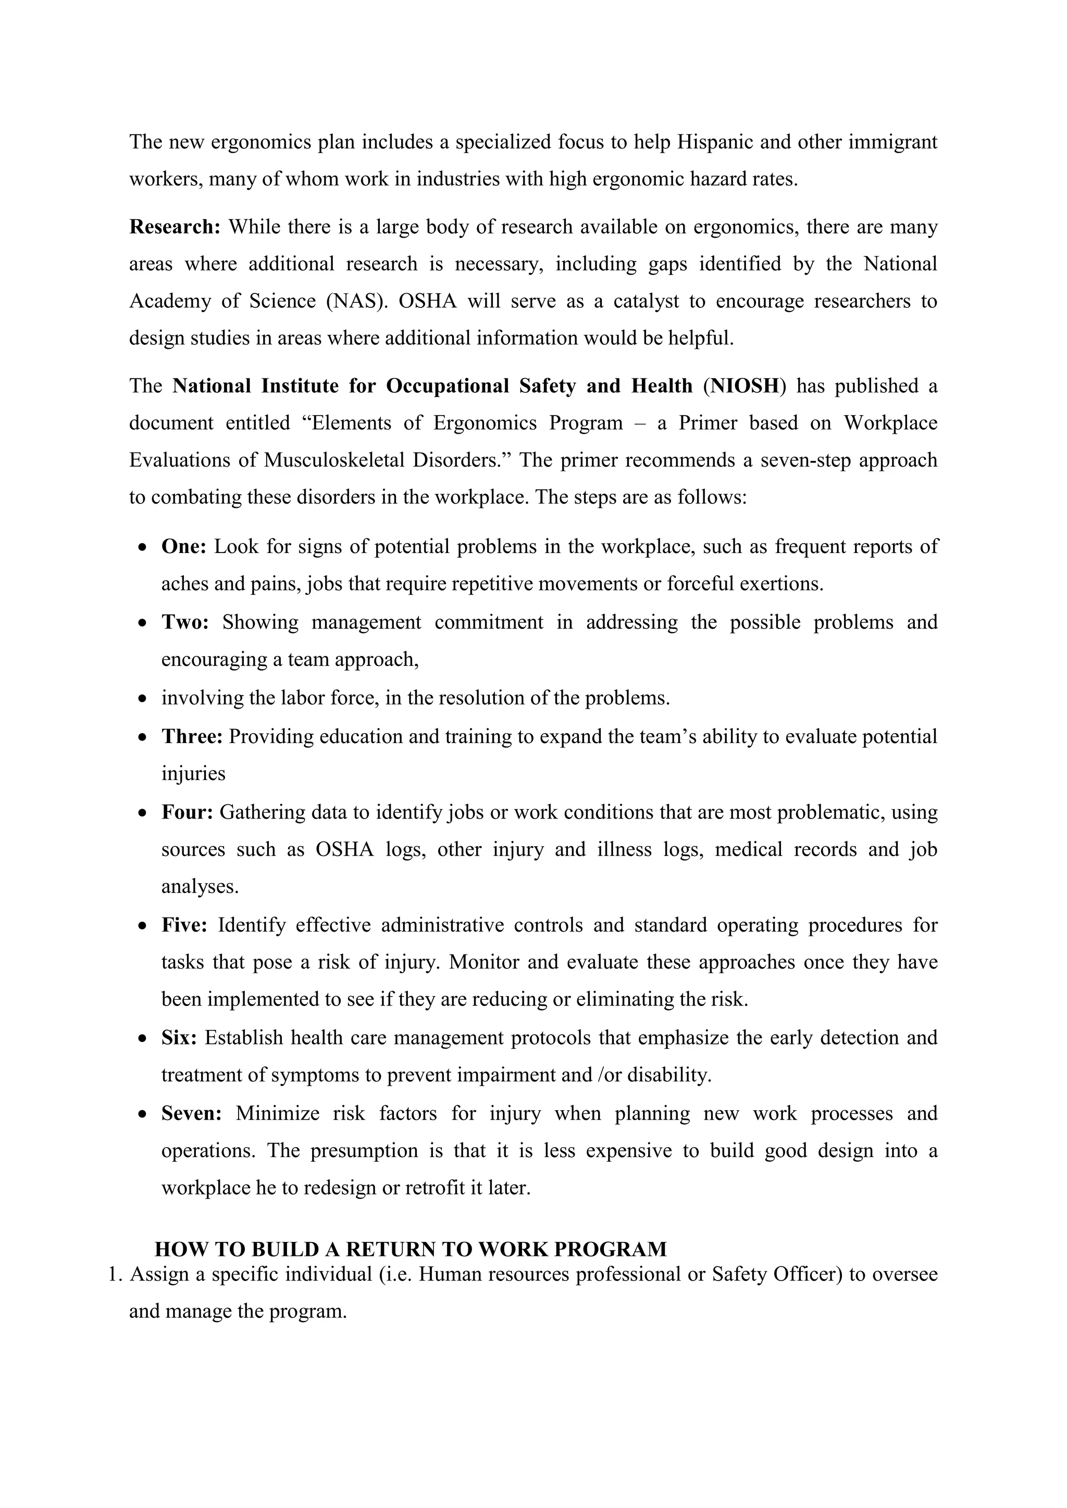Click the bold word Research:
175,227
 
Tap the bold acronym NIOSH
744,386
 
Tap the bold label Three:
192,737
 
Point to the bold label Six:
179,1038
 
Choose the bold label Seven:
191,1114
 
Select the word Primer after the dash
708,423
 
